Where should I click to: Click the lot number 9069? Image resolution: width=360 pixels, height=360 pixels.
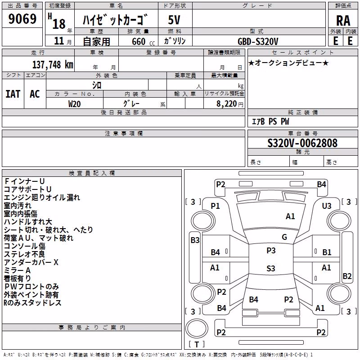[22, 19]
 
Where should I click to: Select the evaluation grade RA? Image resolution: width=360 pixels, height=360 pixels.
[343, 21]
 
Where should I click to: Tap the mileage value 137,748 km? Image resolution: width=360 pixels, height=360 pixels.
[53, 64]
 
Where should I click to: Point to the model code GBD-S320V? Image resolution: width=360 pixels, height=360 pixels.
[258, 41]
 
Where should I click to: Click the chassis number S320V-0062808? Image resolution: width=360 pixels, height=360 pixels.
[302, 143]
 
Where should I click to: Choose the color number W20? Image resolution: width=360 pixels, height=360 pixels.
[74, 104]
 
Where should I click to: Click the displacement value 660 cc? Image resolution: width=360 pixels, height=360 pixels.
[143, 42]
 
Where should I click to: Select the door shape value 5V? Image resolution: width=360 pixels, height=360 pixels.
[174, 20]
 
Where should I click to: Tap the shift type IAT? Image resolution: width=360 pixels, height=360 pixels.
[13, 94]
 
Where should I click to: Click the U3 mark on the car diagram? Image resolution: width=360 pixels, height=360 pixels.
[327, 206]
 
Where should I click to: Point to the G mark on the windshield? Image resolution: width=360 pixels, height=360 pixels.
[284, 237]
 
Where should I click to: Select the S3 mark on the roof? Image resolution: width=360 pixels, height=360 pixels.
[271, 268]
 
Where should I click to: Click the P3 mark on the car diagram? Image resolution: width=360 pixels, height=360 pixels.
[271, 251]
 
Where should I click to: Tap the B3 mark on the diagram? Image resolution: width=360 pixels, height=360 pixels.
[195, 240]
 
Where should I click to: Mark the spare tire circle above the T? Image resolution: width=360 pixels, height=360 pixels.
[197, 328]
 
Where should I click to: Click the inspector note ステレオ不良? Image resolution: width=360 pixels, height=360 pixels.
[24, 254]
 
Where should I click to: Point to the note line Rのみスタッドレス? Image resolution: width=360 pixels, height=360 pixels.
[32, 303]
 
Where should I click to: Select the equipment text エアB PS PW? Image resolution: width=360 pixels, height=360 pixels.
[270, 121]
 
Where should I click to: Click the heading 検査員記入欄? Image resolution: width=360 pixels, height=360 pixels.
[92, 173]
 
